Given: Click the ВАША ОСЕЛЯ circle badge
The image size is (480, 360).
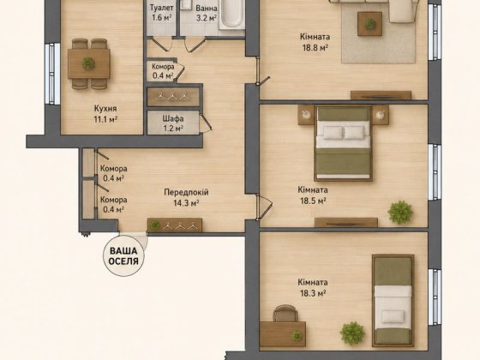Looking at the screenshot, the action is click(x=124, y=256).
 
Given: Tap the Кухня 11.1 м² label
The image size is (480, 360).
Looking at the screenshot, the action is click(x=105, y=113).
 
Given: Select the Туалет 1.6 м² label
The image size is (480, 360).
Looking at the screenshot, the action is click(x=162, y=13).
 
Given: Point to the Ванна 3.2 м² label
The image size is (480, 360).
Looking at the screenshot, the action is click(x=207, y=13).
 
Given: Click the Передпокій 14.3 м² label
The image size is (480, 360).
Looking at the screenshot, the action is click(x=187, y=197).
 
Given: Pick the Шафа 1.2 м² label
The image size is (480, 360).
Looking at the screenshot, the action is click(x=173, y=123).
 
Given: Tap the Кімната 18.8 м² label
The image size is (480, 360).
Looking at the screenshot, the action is click(x=315, y=42).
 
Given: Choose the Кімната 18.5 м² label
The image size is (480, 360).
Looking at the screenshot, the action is click(x=313, y=195).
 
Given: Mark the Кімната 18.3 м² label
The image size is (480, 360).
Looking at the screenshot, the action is click(x=313, y=287).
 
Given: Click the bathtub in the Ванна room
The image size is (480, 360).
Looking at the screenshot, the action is click(x=232, y=15).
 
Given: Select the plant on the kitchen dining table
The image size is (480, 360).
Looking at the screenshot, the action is click(x=88, y=63).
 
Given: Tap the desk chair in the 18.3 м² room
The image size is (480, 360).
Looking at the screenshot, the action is click(x=285, y=313).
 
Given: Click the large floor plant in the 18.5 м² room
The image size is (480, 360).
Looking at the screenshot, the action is click(x=400, y=212).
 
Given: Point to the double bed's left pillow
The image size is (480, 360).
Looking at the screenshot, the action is click(x=333, y=133).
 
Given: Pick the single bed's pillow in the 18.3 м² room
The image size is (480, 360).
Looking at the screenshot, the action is click(x=393, y=316).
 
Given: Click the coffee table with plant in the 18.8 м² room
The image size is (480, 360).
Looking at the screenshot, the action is click(x=369, y=24).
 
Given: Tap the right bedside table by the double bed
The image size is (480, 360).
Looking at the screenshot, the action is click(x=381, y=115).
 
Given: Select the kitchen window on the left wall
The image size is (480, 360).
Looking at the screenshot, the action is click(x=52, y=74).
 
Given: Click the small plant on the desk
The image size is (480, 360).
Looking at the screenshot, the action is click(x=297, y=336).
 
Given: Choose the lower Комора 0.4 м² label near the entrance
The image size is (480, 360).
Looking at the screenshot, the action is click(x=112, y=205).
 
